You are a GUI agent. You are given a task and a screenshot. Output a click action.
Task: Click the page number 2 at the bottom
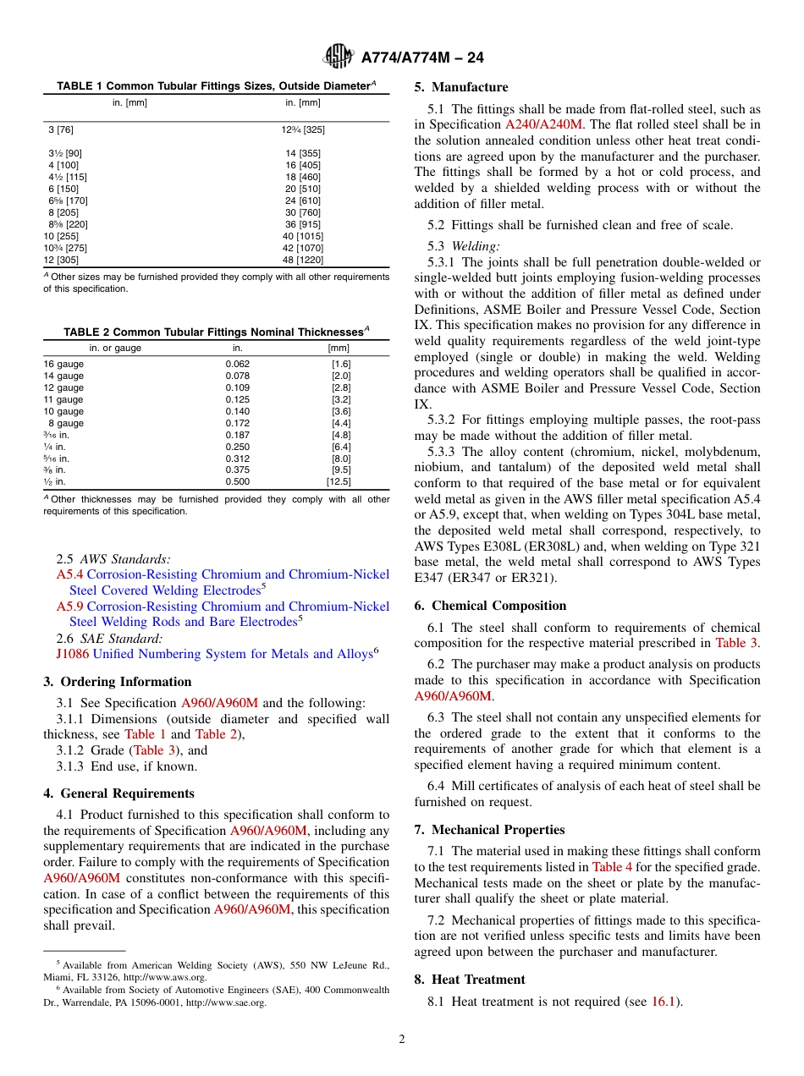tap(402, 1040)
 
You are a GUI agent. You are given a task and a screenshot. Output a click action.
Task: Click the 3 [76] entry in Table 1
tap(60, 129)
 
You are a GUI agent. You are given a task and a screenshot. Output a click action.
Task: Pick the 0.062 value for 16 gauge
tap(238, 364)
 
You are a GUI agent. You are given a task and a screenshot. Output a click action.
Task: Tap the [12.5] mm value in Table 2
tap(339, 481)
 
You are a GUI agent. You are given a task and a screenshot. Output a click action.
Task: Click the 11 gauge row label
tap(63, 399)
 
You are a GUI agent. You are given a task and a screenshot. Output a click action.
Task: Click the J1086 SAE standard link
tap(72, 654)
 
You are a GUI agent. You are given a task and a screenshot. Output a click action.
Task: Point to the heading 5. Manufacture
tap(461, 87)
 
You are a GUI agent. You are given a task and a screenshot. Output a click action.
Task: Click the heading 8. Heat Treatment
tap(470, 980)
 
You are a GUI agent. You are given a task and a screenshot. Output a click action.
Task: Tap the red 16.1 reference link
tap(662, 1002)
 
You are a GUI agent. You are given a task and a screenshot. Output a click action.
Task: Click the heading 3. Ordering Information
tap(118, 682)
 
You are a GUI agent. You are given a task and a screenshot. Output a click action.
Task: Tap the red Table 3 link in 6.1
tap(736, 643)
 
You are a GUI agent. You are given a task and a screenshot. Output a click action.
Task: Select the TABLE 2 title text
tap(216, 332)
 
